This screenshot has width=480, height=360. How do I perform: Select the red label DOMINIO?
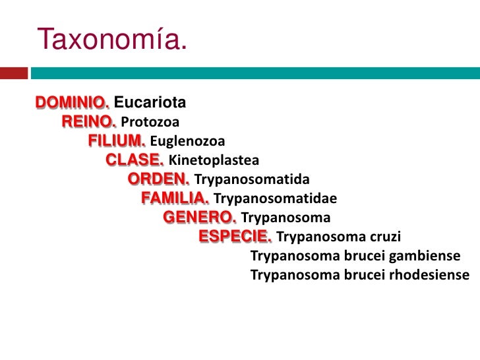(x=73, y=104)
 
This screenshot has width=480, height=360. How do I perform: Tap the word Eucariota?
(x=150, y=104)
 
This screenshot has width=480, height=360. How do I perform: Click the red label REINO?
(x=89, y=122)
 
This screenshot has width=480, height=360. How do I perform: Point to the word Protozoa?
(x=150, y=123)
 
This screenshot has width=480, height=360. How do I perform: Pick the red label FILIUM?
(x=117, y=141)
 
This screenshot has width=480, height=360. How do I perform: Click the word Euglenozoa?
(x=188, y=142)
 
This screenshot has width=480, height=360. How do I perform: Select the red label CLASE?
(x=135, y=160)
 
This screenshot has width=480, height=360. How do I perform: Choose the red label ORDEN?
(x=159, y=179)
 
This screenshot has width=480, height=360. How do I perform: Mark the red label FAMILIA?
(x=175, y=198)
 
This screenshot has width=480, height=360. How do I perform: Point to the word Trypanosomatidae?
(x=276, y=199)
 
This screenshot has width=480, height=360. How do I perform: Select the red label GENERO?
(x=200, y=218)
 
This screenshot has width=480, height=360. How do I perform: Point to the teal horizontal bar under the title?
(x=255, y=72)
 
